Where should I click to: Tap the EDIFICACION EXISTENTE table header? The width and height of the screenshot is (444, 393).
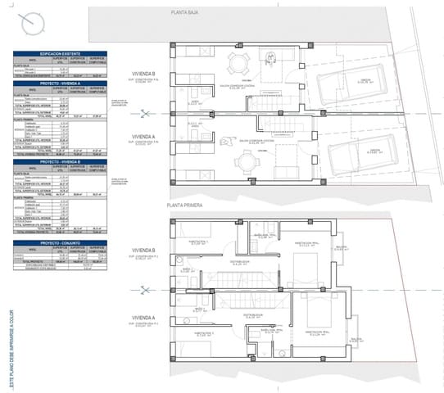pos(61,53)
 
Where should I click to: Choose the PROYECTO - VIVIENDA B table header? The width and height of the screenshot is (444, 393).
pos(61,162)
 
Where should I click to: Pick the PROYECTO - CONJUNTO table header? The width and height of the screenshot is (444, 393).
pos(61,243)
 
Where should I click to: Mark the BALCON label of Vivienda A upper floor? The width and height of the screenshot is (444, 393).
pos(356,337)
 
